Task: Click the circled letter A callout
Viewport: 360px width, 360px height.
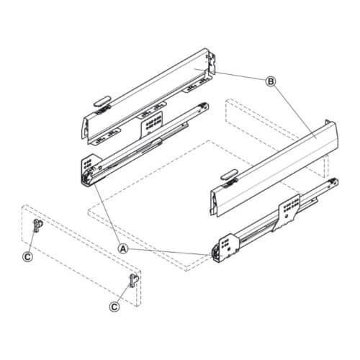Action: click(123, 247)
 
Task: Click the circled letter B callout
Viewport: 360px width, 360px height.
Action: click(271, 82)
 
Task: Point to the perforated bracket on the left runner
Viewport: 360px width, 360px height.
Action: click(153, 122)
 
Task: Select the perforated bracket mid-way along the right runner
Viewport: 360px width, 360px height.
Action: click(289, 207)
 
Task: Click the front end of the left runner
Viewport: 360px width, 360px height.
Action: click(89, 172)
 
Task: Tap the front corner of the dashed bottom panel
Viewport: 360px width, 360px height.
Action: click(192, 269)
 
